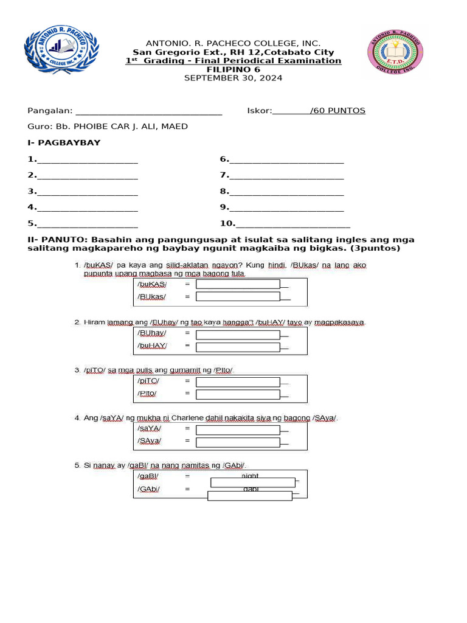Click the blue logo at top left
pyautogui.click(x=61, y=50)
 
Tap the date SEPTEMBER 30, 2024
pyautogui.click(x=233, y=78)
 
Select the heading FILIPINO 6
pyautogui.click(x=233, y=69)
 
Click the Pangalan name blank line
pyautogui.click(x=148, y=111)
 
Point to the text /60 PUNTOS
pyautogui.click(x=337, y=111)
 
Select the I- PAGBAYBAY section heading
pyautogui.click(x=64, y=143)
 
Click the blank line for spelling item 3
pyautogui.click(x=87, y=192)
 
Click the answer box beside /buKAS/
pyautogui.click(x=238, y=284)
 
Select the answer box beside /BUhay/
pyautogui.click(x=238, y=333)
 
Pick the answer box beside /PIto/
pyautogui.click(x=238, y=394)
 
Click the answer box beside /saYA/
pyautogui.click(x=238, y=429)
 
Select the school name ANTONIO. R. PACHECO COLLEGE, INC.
pyautogui.click(x=233, y=44)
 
